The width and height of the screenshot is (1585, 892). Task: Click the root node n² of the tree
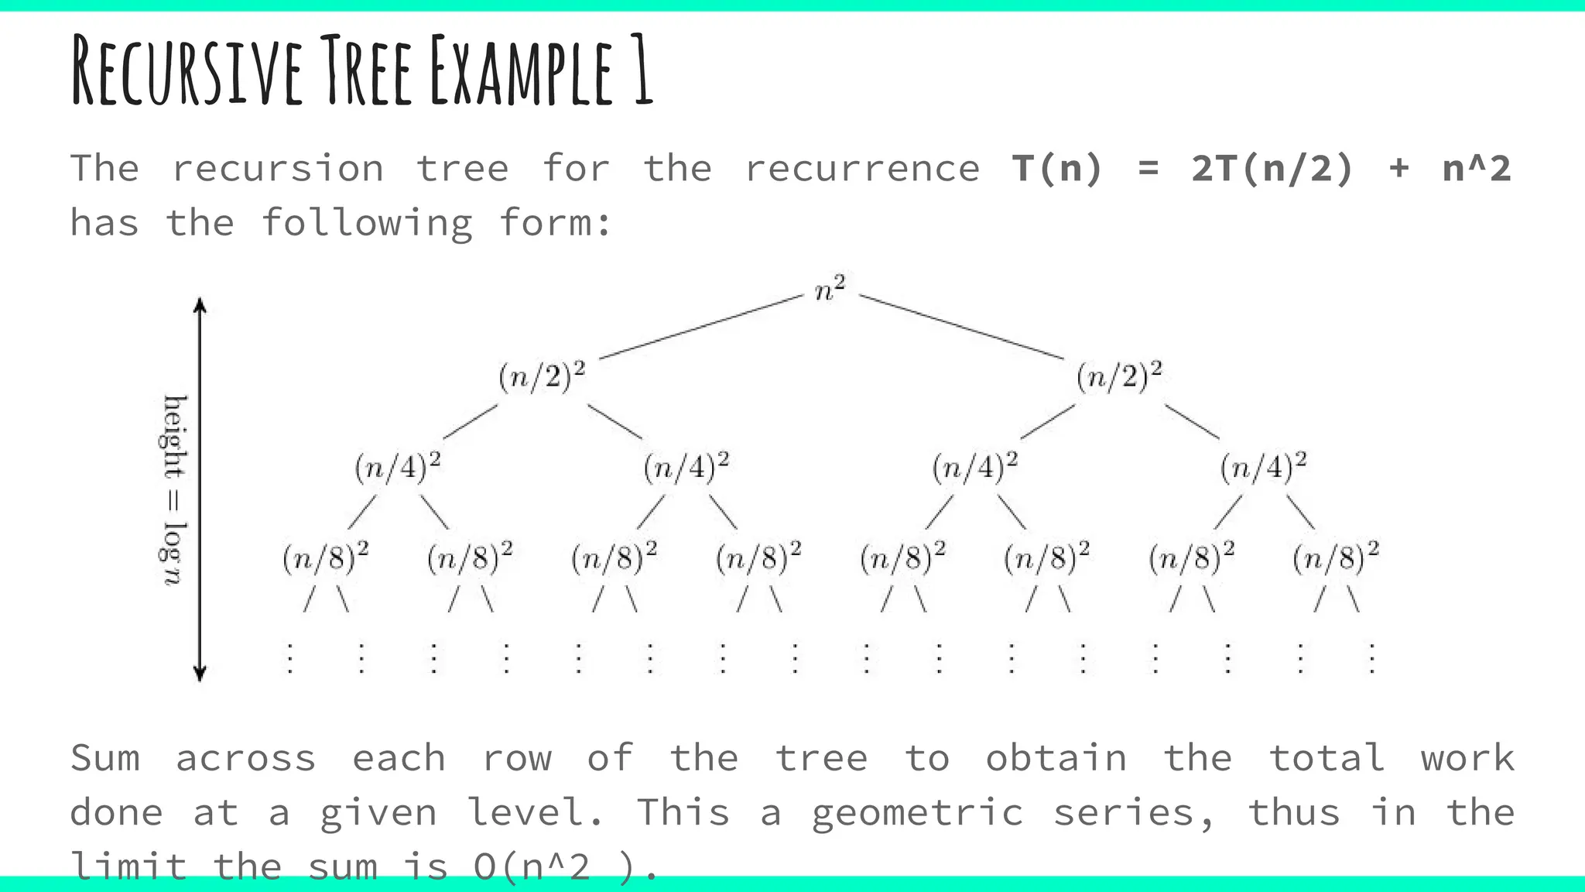tap(830, 290)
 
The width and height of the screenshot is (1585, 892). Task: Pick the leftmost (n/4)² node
tap(398, 467)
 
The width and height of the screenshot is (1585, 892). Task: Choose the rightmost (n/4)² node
tap(1263, 467)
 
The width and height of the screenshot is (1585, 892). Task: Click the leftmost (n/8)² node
tap(325, 557)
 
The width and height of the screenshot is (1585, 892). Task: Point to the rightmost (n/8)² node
tap(1336, 557)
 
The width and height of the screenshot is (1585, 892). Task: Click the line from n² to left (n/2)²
tap(701, 327)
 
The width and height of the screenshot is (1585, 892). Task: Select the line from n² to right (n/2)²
tap(961, 327)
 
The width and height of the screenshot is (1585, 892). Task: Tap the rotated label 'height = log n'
tap(174, 489)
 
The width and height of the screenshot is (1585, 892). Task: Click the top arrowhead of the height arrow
tap(200, 304)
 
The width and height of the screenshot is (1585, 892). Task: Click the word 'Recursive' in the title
tap(187, 71)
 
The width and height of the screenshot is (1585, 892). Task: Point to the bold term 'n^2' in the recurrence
tap(1477, 169)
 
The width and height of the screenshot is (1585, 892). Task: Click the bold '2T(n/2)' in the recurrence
tap(1272, 169)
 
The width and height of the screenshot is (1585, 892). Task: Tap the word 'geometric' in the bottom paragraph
tap(918, 813)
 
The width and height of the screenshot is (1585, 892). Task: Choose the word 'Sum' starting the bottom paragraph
tap(105, 758)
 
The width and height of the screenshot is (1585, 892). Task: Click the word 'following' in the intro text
tap(367, 224)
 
